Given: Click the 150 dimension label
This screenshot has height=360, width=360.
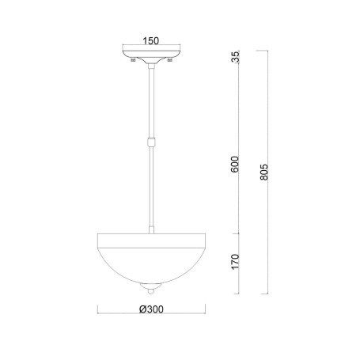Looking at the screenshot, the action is pyautogui.click(x=151, y=41).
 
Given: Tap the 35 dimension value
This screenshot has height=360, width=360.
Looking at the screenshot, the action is pyautogui.click(x=235, y=57).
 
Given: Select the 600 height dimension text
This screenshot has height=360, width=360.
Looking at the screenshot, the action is pyautogui.click(x=234, y=165).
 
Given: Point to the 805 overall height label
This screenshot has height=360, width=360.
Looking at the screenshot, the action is pyautogui.click(x=263, y=172).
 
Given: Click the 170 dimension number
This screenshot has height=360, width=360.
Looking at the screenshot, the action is pyautogui.click(x=235, y=262).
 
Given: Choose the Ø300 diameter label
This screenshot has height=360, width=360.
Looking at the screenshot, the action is pyautogui.click(x=151, y=309).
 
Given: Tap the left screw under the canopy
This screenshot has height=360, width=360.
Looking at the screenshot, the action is pyautogui.click(x=134, y=59).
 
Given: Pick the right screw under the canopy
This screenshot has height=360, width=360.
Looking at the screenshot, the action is pyautogui.click(x=170, y=59).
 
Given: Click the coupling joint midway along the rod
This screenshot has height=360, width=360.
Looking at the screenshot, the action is pyautogui.click(x=151, y=142).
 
